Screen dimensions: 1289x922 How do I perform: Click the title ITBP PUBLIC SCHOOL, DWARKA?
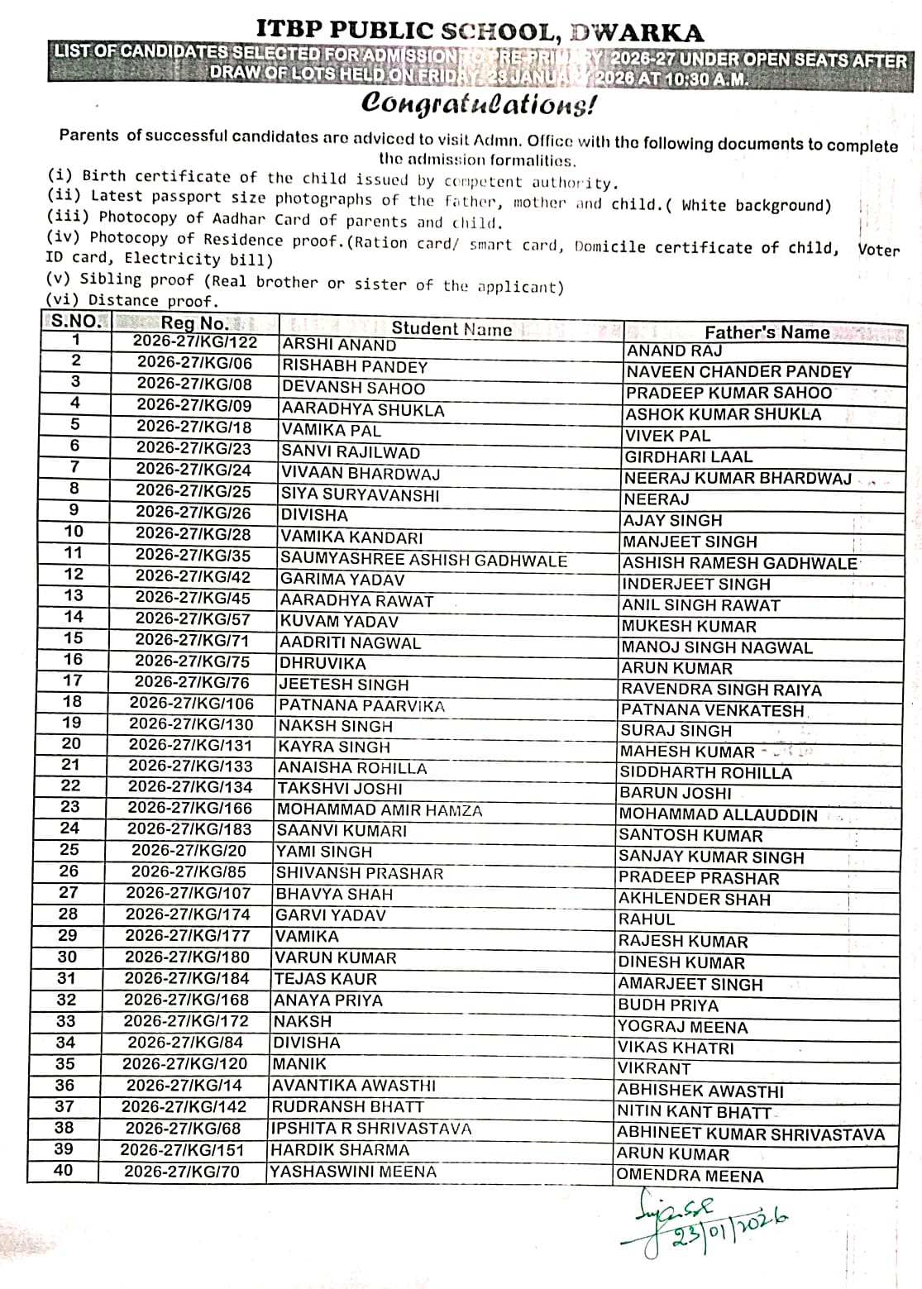480,31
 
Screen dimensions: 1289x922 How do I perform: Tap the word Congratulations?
478,104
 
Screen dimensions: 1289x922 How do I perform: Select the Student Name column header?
451,328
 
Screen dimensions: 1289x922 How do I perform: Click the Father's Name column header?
767,332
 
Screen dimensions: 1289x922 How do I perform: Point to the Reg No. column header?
194,323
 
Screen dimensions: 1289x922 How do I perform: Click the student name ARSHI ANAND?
339,345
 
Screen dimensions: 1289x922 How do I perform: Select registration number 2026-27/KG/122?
195,342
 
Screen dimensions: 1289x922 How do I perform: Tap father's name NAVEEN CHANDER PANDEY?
738,371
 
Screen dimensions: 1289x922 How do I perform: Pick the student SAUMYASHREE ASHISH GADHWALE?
423,560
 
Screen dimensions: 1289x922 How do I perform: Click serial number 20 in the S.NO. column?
72,743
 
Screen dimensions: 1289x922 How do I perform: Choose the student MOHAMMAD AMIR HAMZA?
380,810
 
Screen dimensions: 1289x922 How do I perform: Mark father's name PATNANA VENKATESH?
712,709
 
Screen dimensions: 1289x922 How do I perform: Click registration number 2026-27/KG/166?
189,808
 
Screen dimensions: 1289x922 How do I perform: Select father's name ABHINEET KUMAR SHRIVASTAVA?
751,1134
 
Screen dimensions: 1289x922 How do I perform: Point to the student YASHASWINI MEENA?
353,1172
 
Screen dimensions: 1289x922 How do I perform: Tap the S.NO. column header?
75,321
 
